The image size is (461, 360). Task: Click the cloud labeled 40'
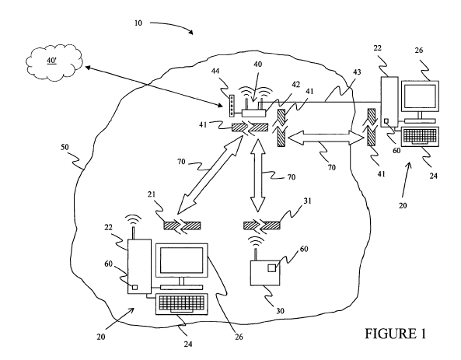(54, 62)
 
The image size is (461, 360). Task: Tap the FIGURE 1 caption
(396, 334)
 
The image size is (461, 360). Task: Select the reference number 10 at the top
(138, 23)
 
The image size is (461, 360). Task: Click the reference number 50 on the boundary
(65, 147)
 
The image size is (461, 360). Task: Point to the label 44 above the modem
(215, 72)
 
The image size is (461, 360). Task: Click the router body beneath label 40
(253, 114)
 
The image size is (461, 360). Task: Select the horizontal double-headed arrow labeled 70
(326, 138)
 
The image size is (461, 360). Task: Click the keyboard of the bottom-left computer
(182, 304)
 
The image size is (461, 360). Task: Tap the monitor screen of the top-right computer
(420, 96)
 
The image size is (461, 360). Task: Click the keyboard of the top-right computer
(421, 136)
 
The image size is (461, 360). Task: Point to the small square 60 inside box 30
(272, 268)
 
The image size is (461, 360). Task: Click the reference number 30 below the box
(280, 311)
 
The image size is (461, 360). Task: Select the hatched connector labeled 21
(182, 225)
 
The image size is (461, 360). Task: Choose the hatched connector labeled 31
(262, 225)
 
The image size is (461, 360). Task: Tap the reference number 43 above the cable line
(357, 72)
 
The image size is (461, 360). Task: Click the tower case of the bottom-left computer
(139, 267)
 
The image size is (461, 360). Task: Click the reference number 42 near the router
(295, 85)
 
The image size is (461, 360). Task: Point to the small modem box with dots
(232, 105)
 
